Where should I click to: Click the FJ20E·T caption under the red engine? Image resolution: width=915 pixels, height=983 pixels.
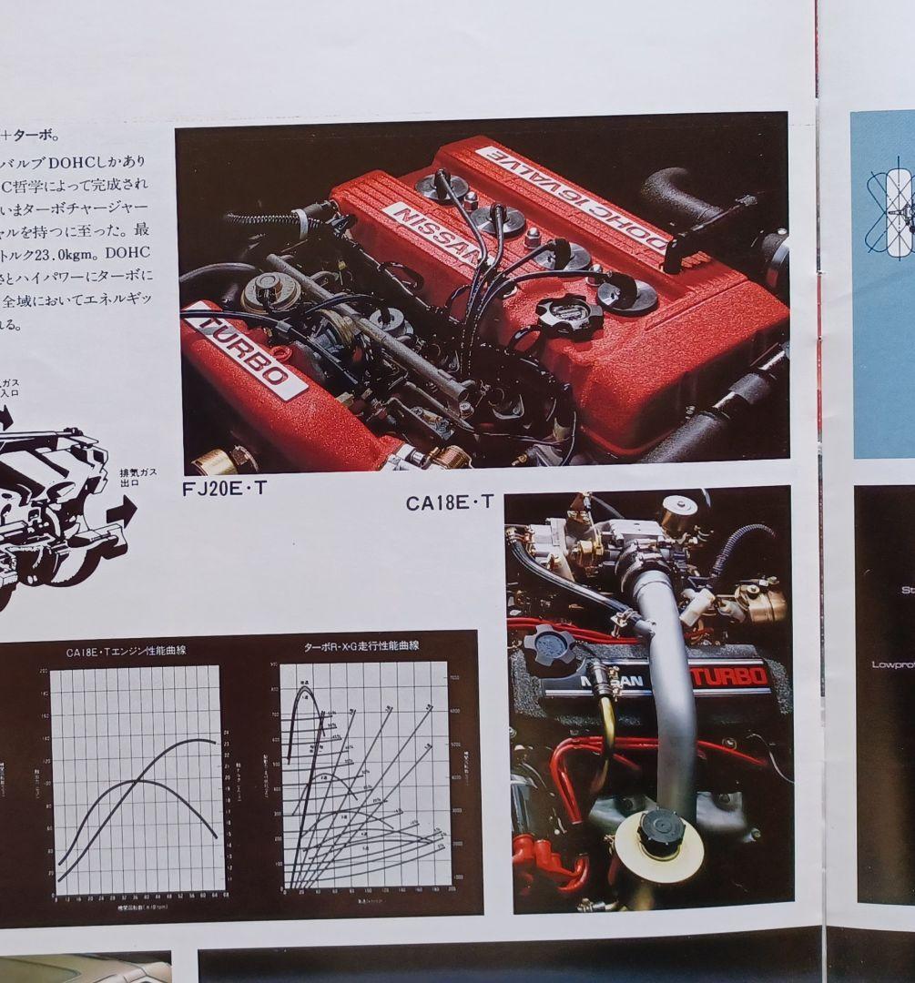pos(224,487)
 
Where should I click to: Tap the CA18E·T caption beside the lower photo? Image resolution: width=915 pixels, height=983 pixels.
pos(450,502)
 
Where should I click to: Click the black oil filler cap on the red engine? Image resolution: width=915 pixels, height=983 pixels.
pos(568,314)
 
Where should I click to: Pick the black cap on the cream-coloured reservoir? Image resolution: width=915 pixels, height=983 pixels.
pos(660,830)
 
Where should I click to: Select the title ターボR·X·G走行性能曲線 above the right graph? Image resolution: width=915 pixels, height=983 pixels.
pos(361,646)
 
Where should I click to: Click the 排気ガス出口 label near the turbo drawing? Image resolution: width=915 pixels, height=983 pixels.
pos(137,478)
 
